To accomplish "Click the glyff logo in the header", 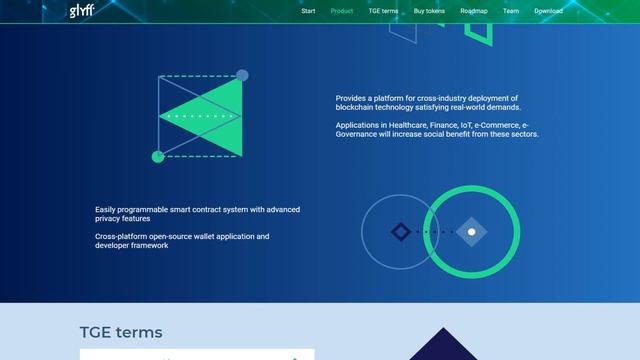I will [x=82, y=12].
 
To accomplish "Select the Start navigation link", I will [x=308, y=11].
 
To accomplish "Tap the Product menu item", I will [x=342, y=11].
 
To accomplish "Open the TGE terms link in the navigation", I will [x=383, y=11].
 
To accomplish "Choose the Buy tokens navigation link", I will [x=429, y=11].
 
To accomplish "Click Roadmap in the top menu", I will [x=474, y=11].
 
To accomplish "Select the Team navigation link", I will [x=511, y=11].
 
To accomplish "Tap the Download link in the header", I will [x=548, y=11].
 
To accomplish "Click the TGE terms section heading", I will [x=120, y=333].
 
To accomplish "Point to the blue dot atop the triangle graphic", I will [x=242, y=75].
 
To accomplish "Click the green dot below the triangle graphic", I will [x=157, y=157].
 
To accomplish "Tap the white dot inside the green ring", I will [x=472, y=232].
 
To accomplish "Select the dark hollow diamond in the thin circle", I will [x=400, y=232].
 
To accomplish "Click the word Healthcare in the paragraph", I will [x=399, y=125].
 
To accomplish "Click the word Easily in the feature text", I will [x=106, y=209].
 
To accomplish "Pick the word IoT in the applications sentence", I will [x=455, y=125].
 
